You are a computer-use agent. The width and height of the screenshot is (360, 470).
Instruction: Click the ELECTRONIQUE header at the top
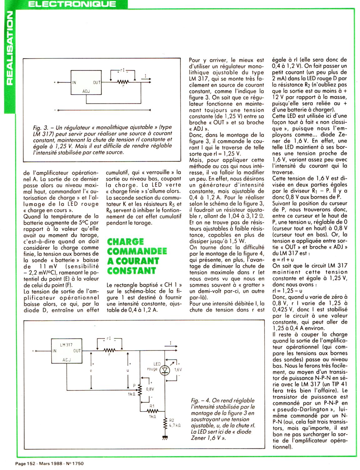coord(72,4)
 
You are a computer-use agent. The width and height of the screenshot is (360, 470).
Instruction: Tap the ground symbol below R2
coord(165,438)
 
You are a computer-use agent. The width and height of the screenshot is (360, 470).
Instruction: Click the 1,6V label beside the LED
coord(178,369)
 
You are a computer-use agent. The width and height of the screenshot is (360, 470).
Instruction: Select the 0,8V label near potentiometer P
coord(150,389)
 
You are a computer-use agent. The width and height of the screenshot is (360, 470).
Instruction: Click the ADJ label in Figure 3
coord(86,91)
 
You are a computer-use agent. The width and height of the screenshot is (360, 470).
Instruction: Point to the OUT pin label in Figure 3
coord(97,82)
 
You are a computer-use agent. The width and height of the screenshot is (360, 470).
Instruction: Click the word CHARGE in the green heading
coord(125,242)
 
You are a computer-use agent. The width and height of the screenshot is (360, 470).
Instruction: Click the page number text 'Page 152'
coord(26,463)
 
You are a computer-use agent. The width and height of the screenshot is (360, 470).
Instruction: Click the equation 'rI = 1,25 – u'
coord(288,291)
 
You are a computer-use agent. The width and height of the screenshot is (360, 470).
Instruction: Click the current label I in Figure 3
coord(146,75)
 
